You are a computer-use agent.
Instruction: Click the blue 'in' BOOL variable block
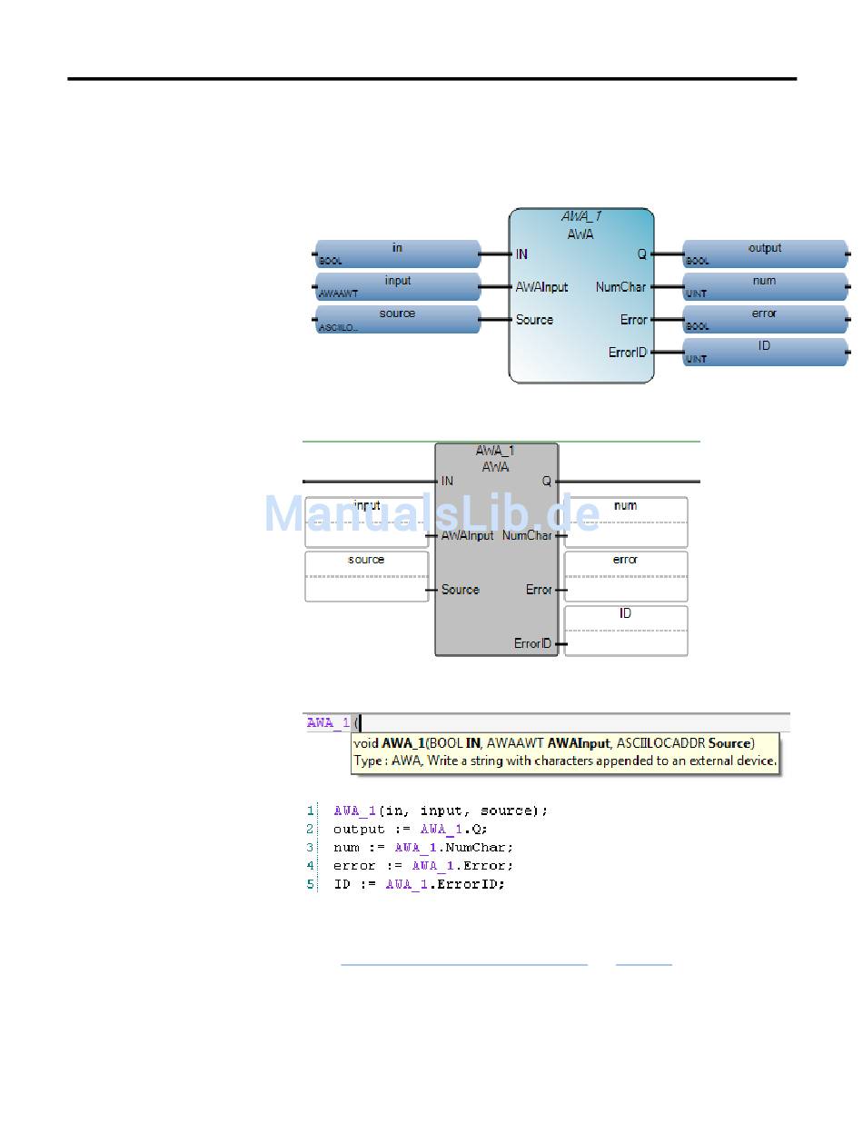[x=397, y=254]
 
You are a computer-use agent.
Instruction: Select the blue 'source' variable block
[x=397, y=319]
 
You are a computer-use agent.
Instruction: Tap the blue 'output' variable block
[x=764, y=254]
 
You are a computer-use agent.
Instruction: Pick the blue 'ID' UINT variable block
[x=764, y=352]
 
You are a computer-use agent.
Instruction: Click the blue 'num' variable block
[x=764, y=286]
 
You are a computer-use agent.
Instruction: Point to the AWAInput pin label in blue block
[x=541, y=287]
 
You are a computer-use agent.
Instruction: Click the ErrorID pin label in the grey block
[x=532, y=643]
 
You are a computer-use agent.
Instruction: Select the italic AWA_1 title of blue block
[x=581, y=217]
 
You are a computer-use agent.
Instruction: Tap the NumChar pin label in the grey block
[x=527, y=535]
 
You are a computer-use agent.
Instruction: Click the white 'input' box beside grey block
[x=366, y=522]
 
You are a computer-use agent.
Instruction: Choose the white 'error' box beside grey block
[x=625, y=576]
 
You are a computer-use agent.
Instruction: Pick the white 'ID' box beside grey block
[x=625, y=630]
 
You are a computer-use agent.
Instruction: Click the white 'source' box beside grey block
[x=366, y=576]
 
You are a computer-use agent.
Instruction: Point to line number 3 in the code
[x=311, y=847]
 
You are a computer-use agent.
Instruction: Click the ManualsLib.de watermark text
[x=431, y=514]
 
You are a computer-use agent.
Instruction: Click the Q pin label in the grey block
[x=547, y=482]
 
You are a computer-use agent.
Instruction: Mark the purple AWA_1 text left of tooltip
[x=327, y=723]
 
